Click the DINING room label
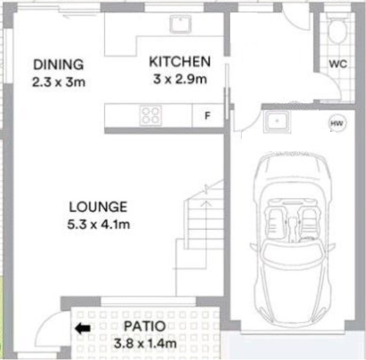58,64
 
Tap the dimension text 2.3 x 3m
59,82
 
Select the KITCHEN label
180,62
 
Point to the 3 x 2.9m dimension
180,79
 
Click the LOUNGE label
98,207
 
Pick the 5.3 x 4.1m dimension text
99,224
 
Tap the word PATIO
145,326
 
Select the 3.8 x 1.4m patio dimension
145,343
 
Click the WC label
338,64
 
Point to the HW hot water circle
337,123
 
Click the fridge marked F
208,116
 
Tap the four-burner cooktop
151,116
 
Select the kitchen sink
180,24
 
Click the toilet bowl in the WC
337,31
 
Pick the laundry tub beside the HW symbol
277,121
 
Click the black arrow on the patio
83,328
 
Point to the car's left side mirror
254,247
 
